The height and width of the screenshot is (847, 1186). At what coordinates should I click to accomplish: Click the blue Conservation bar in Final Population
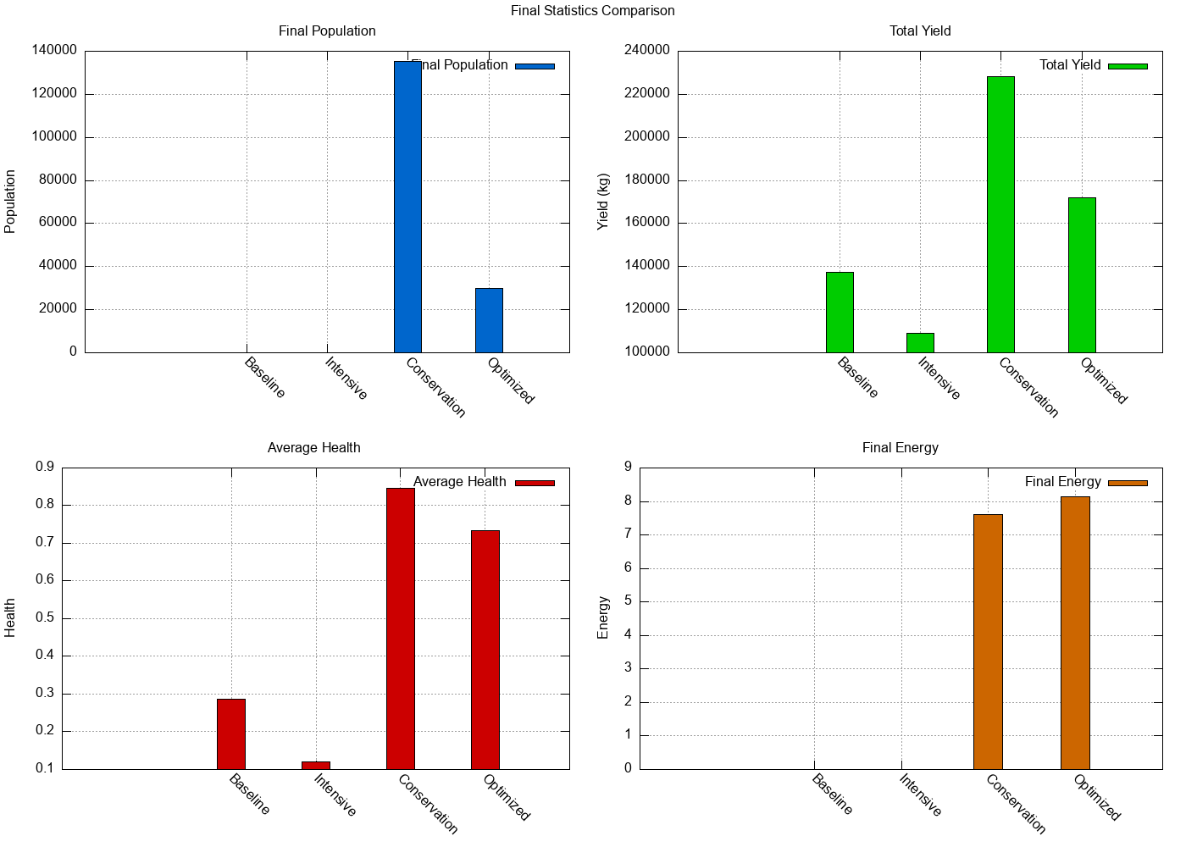[x=407, y=207]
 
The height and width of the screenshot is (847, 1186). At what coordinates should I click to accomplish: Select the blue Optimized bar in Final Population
[x=489, y=320]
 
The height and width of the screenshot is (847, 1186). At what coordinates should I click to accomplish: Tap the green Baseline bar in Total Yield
[x=840, y=312]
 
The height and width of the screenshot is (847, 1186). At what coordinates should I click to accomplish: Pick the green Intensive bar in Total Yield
[x=920, y=342]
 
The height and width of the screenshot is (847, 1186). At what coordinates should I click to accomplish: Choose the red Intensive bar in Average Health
[x=316, y=765]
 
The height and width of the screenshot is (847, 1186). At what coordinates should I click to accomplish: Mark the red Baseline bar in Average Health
[x=231, y=734]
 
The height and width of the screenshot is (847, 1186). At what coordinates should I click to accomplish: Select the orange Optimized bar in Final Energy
[x=1075, y=633]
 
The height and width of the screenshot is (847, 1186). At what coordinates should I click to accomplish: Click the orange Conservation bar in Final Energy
[x=988, y=641]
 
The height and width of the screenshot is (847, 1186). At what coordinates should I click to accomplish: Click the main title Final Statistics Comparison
[x=593, y=11]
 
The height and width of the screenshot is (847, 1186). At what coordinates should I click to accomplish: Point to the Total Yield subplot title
[x=920, y=31]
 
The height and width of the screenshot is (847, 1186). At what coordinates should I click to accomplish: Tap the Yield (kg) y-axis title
[x=603, y=202]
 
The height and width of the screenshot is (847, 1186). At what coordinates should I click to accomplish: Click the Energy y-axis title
[x=603, y=617]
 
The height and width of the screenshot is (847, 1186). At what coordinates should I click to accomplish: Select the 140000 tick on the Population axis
[x=54, y=51]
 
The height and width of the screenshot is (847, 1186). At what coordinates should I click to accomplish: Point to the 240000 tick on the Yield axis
[x=647, y=51]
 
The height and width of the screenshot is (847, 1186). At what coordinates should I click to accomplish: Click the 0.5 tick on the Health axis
[x=45, y=618]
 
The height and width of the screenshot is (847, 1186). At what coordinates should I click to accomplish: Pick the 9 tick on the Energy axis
[x=628, y=468]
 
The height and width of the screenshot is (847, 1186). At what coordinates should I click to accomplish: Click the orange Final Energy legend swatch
[x=1128, y=483]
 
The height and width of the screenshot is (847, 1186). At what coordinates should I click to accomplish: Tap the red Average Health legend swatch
[x=535, y=483]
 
